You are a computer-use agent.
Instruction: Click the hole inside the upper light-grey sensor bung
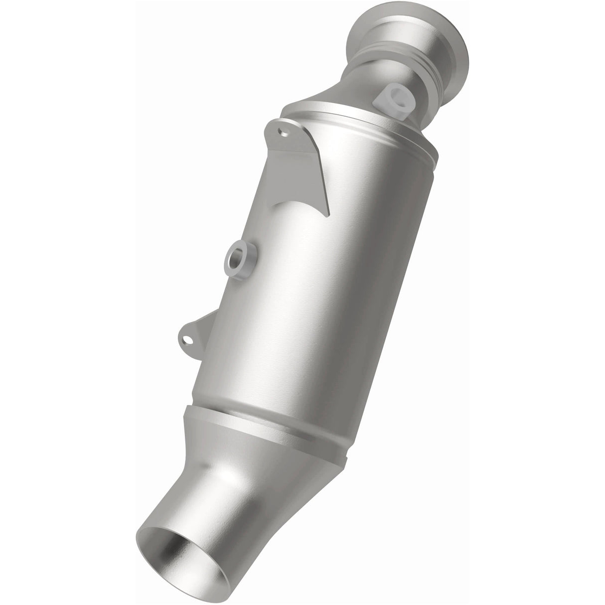[398, 92]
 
